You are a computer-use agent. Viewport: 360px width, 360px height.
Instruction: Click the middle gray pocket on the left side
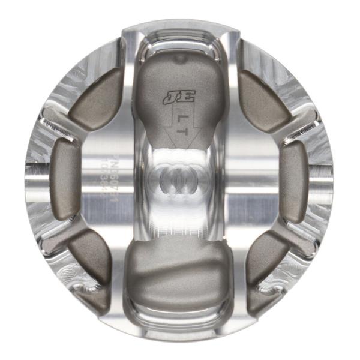[x=65, y=179]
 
